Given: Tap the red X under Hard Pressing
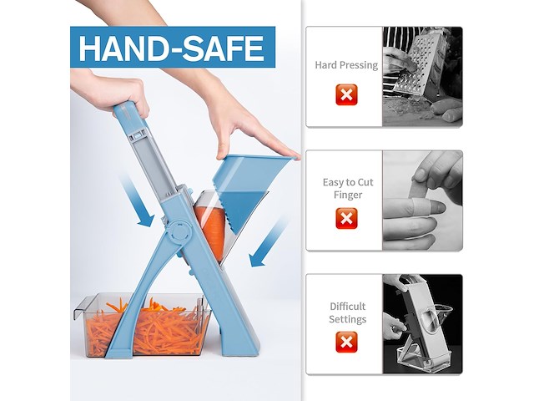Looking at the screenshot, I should point(346,94).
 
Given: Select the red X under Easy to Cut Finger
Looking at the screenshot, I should point(346,218).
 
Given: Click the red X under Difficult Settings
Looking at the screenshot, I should point(346,342).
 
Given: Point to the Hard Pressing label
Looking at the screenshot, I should point(346,65).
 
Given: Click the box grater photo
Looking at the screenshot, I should point(422,76).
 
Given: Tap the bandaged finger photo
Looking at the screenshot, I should point(422,200).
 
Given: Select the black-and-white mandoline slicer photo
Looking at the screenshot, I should point(422,324).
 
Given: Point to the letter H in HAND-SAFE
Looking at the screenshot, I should point(89,48).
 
